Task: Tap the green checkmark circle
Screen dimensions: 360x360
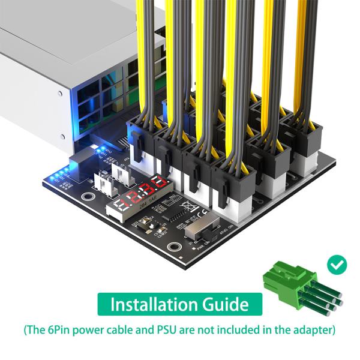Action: [x=336, y=263]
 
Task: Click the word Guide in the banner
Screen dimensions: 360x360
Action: [x=226, y=304]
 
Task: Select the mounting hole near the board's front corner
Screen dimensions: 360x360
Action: [x=175, y=247]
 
